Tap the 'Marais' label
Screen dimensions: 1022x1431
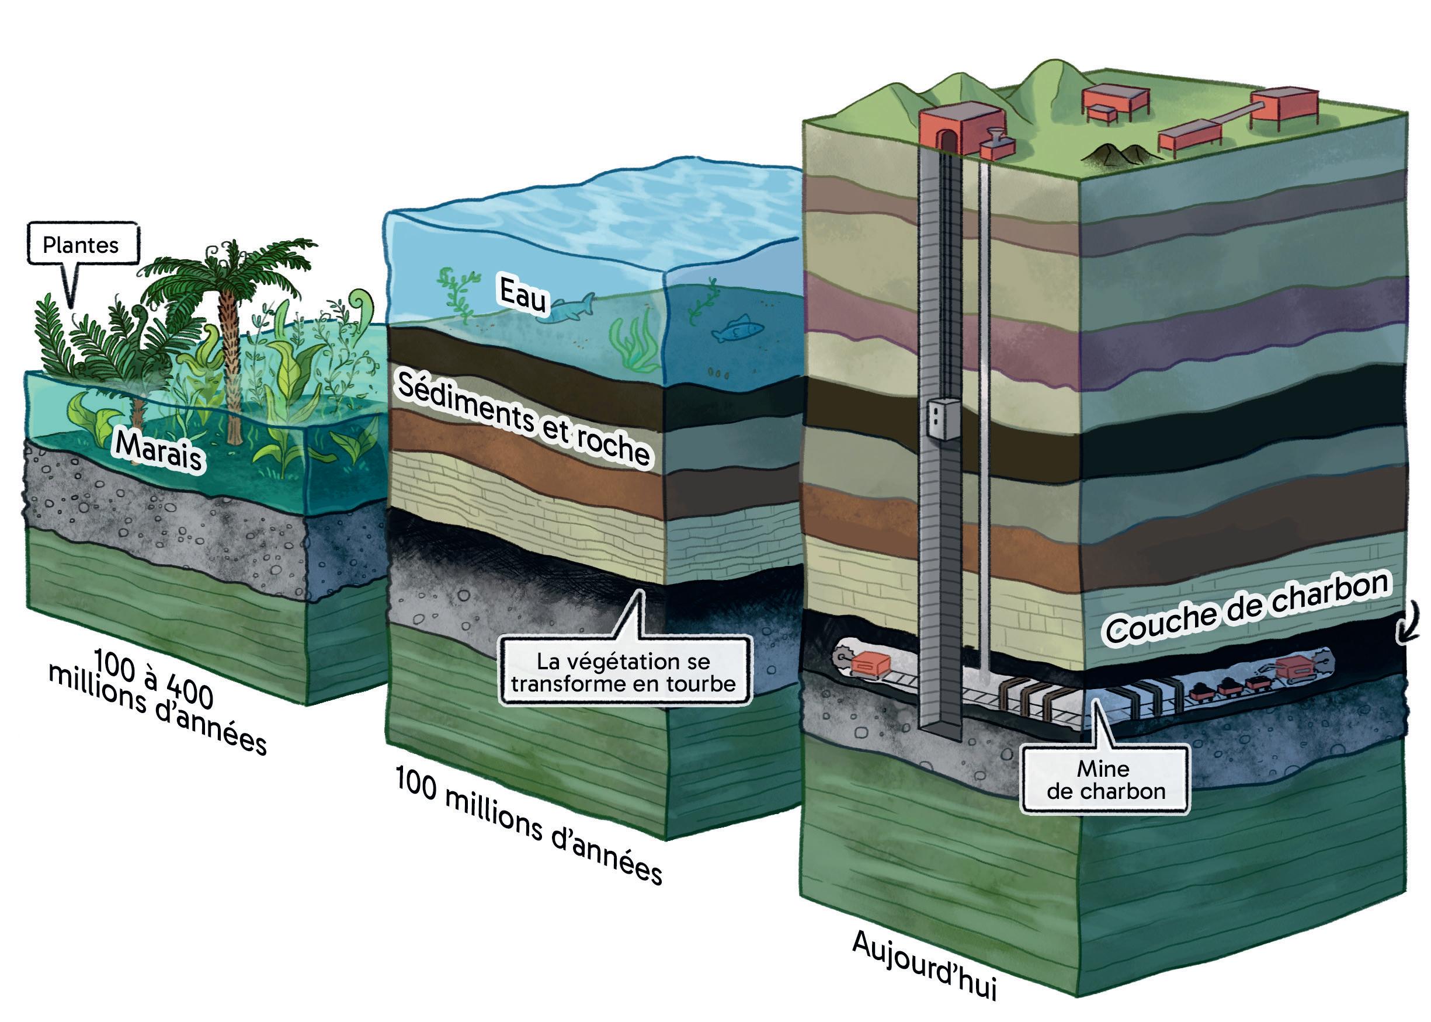coord(159,451)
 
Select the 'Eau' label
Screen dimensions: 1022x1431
coord(522,294)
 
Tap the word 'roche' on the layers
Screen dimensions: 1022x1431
coord(613,446)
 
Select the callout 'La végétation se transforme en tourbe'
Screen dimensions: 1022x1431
coord(624,673)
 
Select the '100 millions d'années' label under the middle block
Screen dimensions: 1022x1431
coord(529,825)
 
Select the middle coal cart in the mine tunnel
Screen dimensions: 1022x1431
coord(1227,687)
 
